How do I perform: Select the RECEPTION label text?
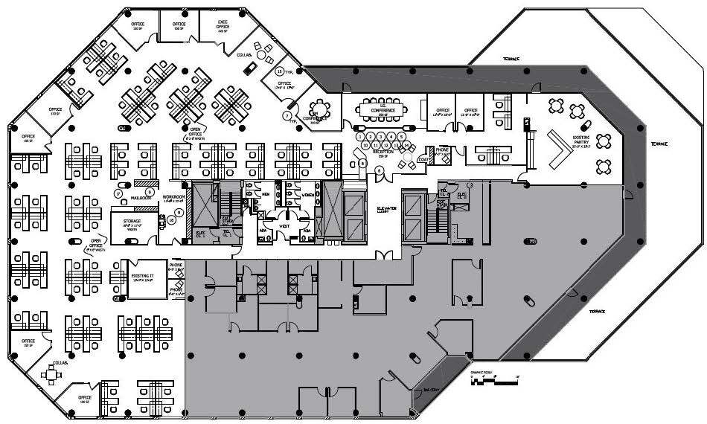pos(385,154)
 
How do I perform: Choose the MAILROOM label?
pos(141,199)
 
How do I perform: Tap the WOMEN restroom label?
pos(308,195)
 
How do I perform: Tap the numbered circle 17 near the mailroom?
pos(118,193)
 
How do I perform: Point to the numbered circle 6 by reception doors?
pos(380,170)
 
